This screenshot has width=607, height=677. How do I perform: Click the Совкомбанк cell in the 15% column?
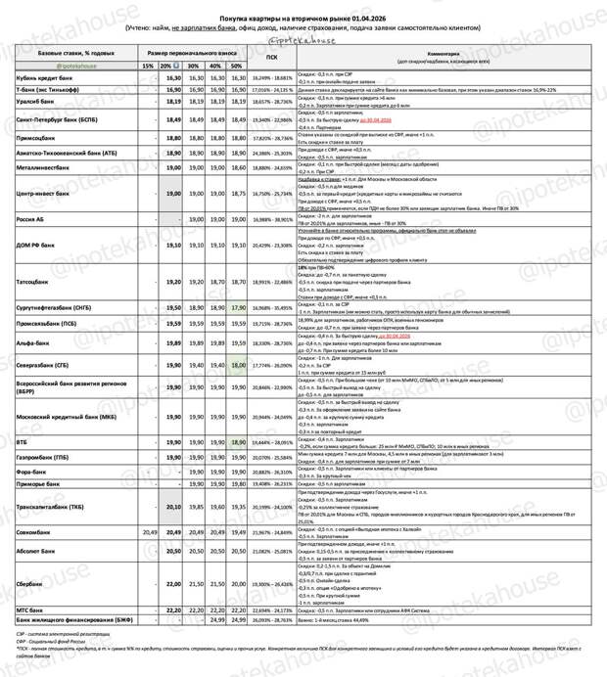[x=149, y=531]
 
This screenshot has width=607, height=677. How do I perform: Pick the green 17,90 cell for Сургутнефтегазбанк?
[x=237, y=306]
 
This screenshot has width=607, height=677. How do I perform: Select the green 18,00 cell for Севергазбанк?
[x=237, y=364]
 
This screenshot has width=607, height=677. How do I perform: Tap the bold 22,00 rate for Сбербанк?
[x=172, y=583]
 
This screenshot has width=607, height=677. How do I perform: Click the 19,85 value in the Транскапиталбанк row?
[x=194, y=507]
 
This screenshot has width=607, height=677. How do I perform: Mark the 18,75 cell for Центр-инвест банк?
[x=237, y=194]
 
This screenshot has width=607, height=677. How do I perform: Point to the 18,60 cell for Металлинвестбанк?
[x=237, y=167]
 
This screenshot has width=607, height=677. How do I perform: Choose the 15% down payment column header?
[x=149, y=66]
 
